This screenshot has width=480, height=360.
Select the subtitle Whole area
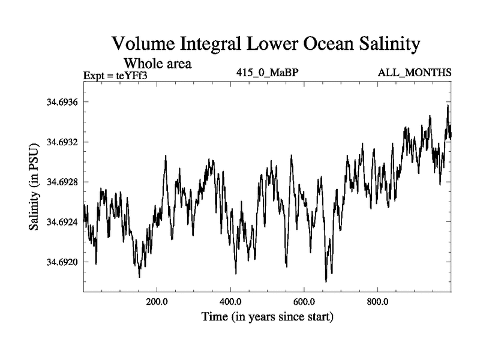coord(157,63)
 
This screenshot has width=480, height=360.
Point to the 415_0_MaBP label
coord(268,73)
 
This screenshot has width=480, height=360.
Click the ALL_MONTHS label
coord(414,73)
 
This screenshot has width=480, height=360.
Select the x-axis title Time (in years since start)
coord(267,316)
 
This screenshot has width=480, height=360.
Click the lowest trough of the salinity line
coord(326,281)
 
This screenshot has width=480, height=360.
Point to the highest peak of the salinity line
coord(448,105)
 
